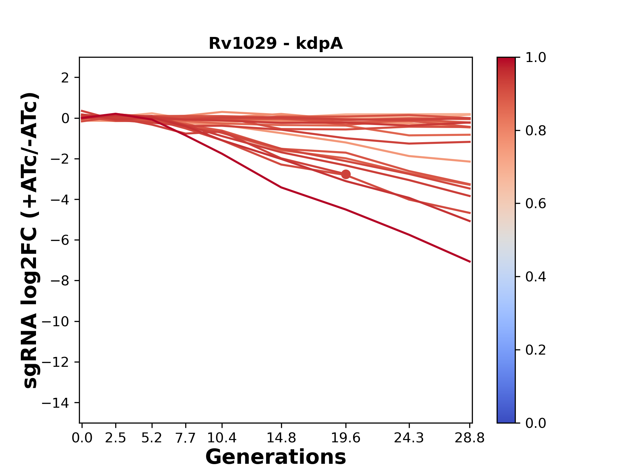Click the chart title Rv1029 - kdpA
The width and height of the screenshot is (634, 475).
click(276, 44)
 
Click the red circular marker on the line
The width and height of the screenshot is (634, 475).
click(346, 174)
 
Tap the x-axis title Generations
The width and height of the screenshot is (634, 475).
click(276, 457)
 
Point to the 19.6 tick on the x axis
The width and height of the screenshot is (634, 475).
click(346, 438)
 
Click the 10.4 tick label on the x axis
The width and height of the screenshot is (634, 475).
click(222, 438)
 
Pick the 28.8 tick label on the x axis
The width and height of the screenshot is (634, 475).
click(470, 438)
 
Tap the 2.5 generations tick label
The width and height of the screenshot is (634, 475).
click(116, 438)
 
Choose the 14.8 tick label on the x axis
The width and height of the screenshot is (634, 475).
click(281, 438)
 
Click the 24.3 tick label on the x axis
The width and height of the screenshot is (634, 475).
click(409, 438)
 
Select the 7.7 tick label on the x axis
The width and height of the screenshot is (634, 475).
click(186, 438)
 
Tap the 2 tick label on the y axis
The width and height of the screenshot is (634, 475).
click(65, 78)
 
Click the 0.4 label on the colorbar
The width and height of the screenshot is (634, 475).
click(536, 277)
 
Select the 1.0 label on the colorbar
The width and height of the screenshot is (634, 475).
click(536, 58)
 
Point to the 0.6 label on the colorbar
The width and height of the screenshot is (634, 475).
click(536, 204)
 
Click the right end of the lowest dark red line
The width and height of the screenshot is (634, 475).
click(470, 262)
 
